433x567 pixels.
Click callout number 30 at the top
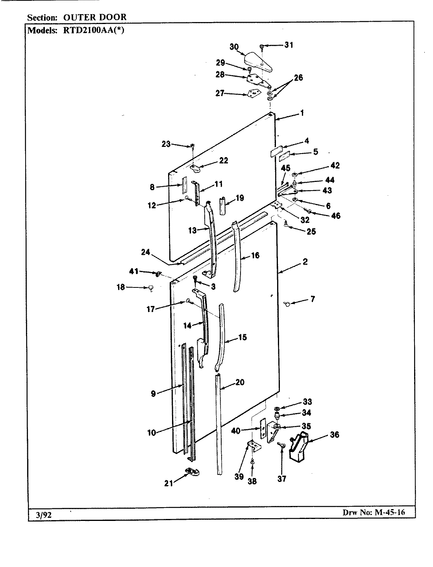coord(234,47)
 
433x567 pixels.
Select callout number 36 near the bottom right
coord(335,435)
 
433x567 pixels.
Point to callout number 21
coord(168,483)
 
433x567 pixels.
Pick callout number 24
coord(145,252)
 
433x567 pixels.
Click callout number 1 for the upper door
coord(302,113)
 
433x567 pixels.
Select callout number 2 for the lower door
coord(305,262)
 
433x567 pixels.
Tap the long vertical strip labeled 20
coord(218,425)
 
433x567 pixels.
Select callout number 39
coord(239,477)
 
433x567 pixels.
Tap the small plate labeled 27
coord(253,94)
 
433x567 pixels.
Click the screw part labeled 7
coord(287,303)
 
